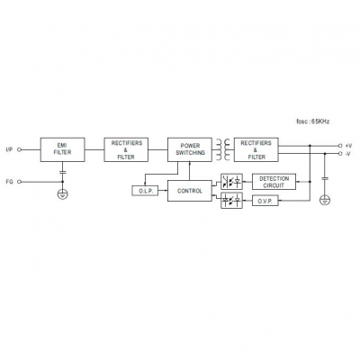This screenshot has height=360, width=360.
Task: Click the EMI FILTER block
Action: [62, 149]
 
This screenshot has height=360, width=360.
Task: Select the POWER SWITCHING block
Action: [190, 149]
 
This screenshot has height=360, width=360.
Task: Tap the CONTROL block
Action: [190, 191]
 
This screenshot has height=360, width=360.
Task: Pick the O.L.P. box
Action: [145, 191]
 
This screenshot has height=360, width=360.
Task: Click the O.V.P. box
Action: [265, 201]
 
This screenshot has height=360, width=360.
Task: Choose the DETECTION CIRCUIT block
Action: [274, 182]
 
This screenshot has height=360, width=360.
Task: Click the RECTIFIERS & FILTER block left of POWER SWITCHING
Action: [126, 149]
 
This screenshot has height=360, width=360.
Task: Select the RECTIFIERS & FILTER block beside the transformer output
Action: [256, 149]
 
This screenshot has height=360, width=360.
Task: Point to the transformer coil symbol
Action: [223, 149]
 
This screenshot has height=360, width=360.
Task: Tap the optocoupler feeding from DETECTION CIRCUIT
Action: [231, 182]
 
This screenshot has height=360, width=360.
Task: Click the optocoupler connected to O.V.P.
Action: [231, 201]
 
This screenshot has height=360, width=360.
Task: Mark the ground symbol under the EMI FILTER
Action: [62, 194]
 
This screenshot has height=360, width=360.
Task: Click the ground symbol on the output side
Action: [325, 200]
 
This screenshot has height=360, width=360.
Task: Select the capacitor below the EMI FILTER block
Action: [62, 172]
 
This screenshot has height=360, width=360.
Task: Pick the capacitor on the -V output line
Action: [325, 178]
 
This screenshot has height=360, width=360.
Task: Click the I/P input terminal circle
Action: [20, 149]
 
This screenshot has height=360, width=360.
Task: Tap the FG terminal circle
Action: [20, 182]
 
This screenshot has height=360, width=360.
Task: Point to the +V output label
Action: [348, 146]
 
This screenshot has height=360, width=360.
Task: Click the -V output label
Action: [348, 154]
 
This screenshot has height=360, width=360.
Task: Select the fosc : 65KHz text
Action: [313, 121]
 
